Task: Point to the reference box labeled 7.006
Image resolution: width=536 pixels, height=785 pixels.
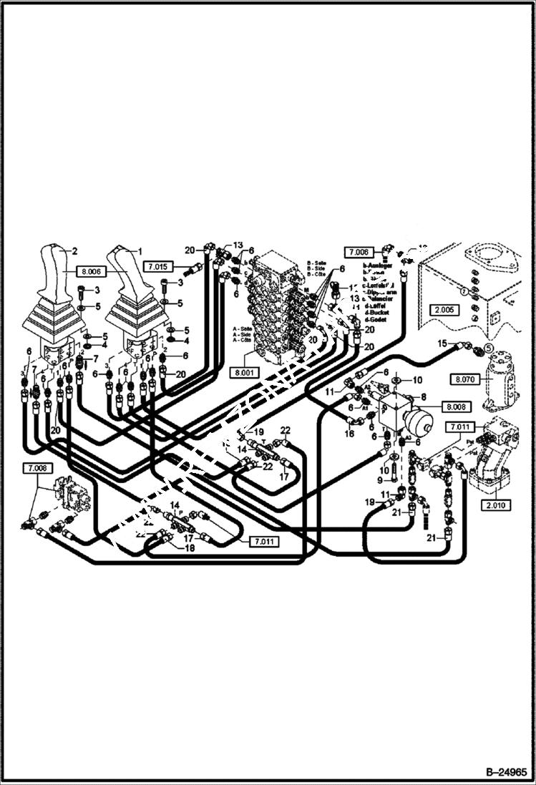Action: click(359, 252)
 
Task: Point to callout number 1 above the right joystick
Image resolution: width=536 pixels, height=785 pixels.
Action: click(140, 251)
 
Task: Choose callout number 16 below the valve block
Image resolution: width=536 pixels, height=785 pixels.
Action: click(350, 434)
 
